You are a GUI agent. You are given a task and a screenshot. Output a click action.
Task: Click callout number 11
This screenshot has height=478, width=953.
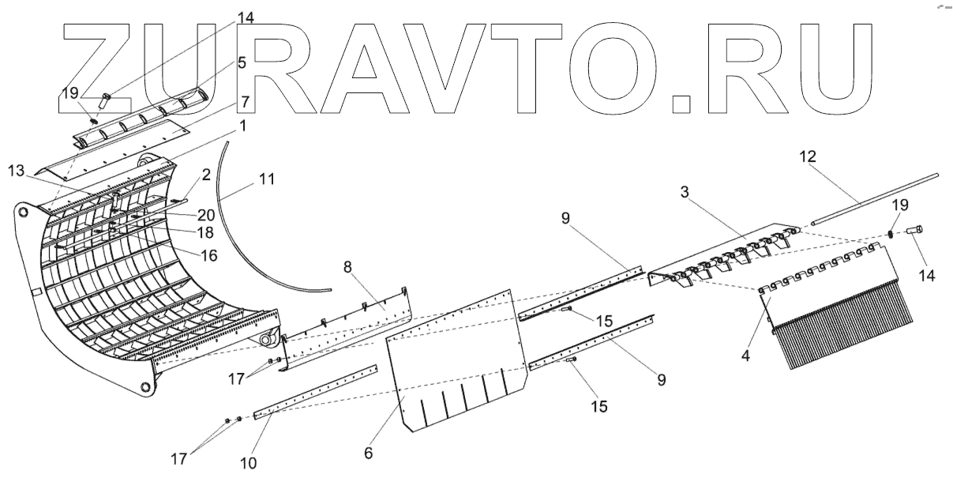click(266, 180)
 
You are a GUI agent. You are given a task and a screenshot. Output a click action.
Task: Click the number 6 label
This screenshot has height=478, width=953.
click(369, 455)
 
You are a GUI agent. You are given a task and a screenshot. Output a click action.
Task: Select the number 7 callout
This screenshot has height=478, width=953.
click(246, 103)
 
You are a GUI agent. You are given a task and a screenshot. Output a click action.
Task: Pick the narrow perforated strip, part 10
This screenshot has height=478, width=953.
click(316, 392)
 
